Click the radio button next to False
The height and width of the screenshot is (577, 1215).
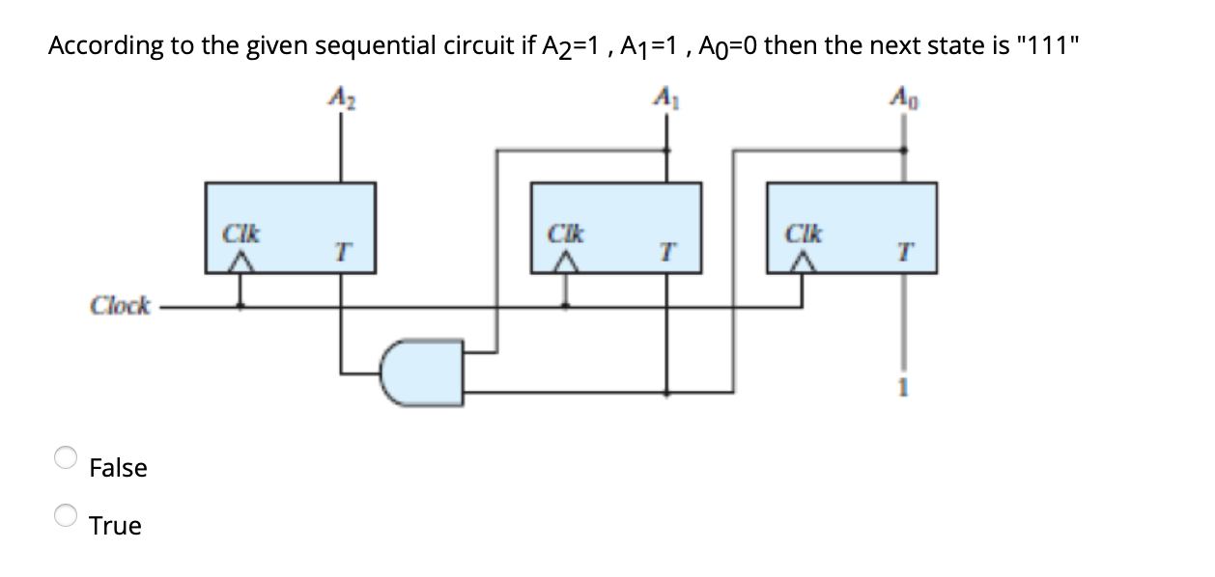[x=65, y=456]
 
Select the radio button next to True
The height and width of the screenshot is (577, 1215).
[x=65, y=515]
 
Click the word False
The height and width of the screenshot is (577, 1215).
[x=118, y=469]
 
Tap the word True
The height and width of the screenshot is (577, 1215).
[x=115, y=527]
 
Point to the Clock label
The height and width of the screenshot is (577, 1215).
[x=120, y=306]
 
